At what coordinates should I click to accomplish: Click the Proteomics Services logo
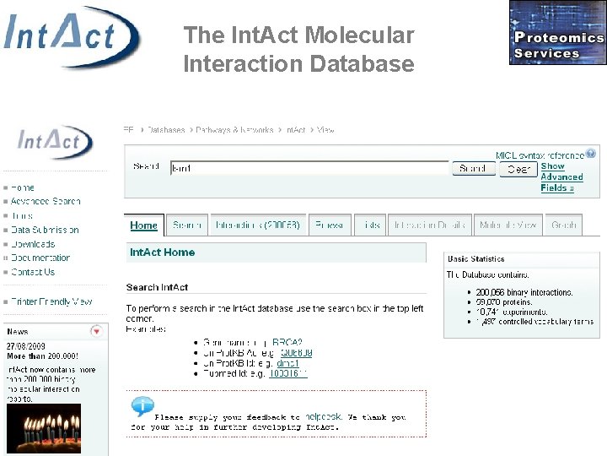coord(557,33)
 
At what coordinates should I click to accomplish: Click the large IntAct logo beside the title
coord(71,37)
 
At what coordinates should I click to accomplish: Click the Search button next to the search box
coord(473,169)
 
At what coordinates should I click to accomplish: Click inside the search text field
coord(309,169)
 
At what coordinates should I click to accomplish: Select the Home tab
coord(144,225)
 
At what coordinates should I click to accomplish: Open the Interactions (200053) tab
coord(257,225)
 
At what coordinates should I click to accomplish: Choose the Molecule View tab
coord(508,225)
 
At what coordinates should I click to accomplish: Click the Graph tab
coord(564,225)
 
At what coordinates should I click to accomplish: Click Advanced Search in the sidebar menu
coord(46,202)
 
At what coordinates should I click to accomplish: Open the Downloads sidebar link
coord(33,244)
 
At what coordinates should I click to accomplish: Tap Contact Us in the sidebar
coord(33,272)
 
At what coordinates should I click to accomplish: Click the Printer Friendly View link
coord(51,301)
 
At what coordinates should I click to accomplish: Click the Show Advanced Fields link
coord(561,177)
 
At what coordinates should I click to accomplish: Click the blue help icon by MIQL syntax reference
coord(592,154)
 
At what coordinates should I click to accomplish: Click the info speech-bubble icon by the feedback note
coord(142,406)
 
